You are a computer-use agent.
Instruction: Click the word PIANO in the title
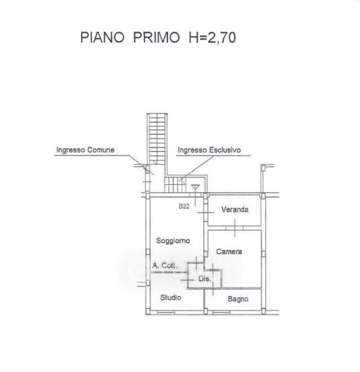pyautogui.click(x=102, y=37)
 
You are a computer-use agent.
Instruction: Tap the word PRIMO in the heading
pyautogui.click(x=156, y=37)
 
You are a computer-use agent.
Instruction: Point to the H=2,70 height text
pyautogui.click(x=213, y=38)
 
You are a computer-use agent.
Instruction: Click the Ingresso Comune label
pyautogui.click(x=85, y=150)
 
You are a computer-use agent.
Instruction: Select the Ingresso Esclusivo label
pyautogui.click(x=209, y=150)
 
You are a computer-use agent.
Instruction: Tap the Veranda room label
pyautogui.click(x=235, y=210)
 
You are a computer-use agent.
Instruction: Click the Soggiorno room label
pyautogui.click(x=173, y=241)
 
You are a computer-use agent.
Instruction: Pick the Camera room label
pyautogui.click(x=229, y=252)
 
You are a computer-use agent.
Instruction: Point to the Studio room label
pyautogui.click(x=171, y=298)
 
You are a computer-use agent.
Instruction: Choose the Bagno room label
pyautogui.click(x=238, y=299)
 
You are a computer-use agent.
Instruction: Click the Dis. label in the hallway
pyautogui.click(x=204, y=278)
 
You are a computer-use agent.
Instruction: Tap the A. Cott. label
pyautogui.click(x=165, y=265)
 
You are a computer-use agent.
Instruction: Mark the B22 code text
pyautogui.click(x=184, y=206)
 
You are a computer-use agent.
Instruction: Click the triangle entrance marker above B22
pyautogui.click(x=195, y=187)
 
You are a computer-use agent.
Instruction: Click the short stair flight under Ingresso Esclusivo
pyautogui.click(x=175, y=185)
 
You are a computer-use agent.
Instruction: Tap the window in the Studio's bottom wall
pyautogui.click(x=166, y=313)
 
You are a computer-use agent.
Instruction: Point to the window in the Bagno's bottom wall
pyautogui.click(x=221, y=313)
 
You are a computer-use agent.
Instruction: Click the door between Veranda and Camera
pyautogui.click(x=235, y=228)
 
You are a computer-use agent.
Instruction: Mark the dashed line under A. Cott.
pyautogui.click(x=170, y=273)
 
